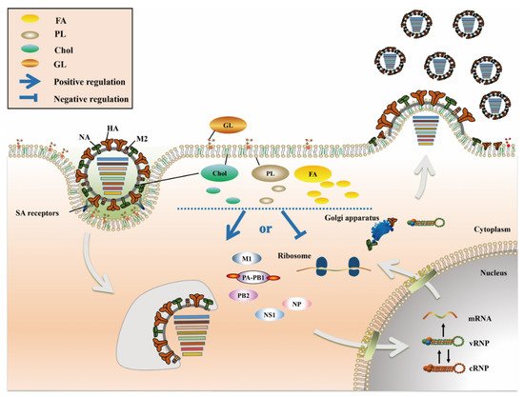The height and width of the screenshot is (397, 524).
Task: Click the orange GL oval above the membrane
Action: coord(226,124)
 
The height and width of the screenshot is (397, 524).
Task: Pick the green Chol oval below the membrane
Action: coord(219,173)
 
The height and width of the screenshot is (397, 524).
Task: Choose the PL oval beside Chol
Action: coord(269,174)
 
